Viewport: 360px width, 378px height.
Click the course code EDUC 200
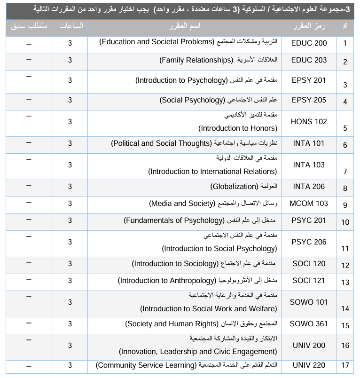coord(309,42)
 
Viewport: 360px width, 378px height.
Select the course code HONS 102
coord(309,121)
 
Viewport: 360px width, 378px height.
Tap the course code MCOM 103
coord(309,204)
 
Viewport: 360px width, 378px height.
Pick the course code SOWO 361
coord(309,324)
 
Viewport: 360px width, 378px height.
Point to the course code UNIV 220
coord(309,365)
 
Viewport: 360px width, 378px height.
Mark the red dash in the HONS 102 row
coord(29,116)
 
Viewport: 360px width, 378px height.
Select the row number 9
coord(345,205)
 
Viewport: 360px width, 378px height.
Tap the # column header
coord(345,26)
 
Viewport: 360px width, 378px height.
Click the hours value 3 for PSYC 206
coord(70,242)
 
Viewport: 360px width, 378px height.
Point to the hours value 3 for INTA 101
coord(70,143)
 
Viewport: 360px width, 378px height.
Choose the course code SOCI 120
coord(309,264)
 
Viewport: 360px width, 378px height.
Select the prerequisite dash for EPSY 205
coord(29,99)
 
